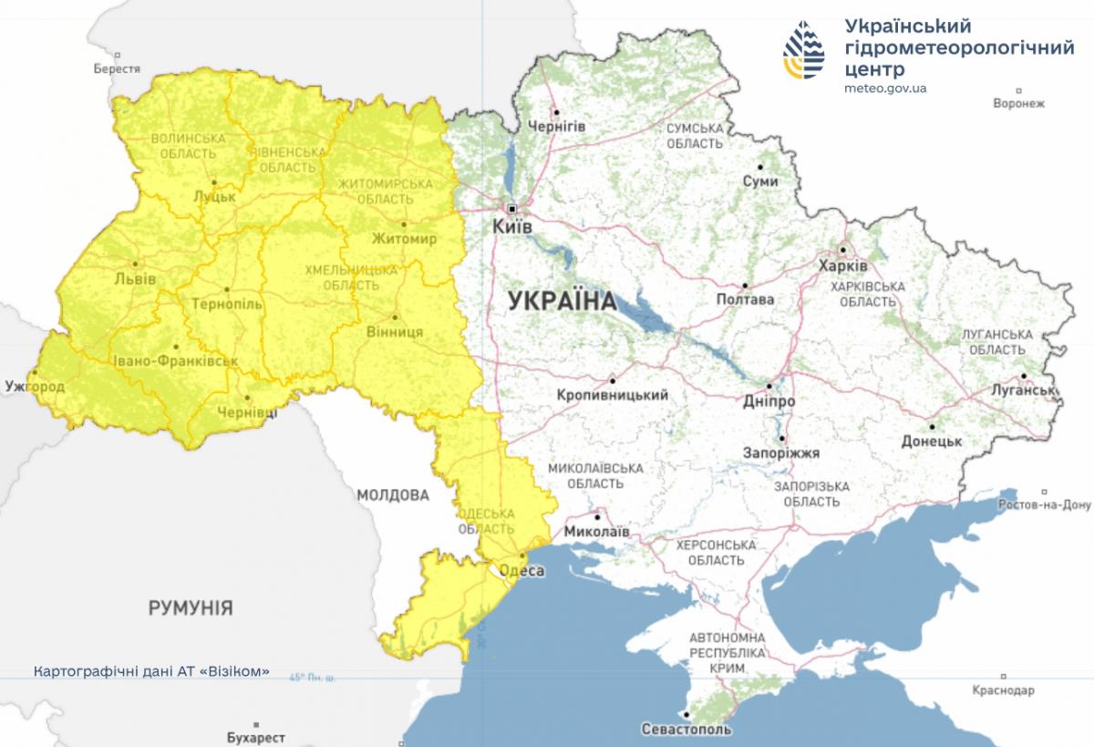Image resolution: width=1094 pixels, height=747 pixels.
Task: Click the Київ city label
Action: [512, 226]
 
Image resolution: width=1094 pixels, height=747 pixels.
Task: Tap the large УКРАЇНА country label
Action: [562, 300]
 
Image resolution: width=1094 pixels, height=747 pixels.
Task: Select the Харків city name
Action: [844, 266]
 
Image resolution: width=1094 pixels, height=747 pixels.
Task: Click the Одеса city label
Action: [523, 571]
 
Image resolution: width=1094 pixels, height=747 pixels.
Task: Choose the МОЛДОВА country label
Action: [392, 495]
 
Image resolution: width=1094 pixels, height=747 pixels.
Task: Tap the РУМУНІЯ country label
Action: [191, 607]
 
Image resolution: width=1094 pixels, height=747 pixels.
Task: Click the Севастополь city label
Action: [686, 730]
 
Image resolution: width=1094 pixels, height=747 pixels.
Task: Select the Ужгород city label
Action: [34, 387]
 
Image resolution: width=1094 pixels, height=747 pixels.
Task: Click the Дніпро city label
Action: [768, 401]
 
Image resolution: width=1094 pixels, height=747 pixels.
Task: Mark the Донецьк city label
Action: [931, 441]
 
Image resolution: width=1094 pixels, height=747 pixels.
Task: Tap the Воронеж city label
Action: [1018, 103]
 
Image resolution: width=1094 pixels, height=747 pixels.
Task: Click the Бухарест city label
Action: [255, 737]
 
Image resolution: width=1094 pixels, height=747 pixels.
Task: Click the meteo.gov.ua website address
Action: [885, 88]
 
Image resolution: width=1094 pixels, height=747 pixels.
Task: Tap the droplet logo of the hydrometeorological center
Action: [804, 50]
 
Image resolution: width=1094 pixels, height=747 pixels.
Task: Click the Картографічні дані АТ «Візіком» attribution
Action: [151, 670]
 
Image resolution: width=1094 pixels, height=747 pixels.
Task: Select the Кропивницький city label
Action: [612, 395]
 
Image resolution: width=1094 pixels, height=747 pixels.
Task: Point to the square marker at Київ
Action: [512, 207]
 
